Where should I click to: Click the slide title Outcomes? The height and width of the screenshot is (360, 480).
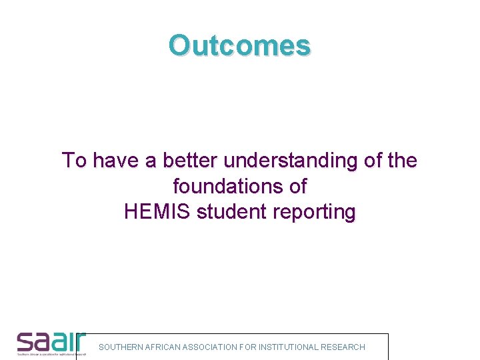[x=239, y=45]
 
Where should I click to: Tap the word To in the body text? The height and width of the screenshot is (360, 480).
[x=73, y=161]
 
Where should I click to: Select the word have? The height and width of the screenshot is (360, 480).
[x=114, y=161]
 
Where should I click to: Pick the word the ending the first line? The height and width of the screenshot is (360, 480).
[x=401, y=161]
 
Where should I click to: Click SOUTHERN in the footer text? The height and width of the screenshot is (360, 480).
[x=120, y=347]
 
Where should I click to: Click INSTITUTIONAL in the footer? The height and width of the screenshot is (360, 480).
[x=287, y=347]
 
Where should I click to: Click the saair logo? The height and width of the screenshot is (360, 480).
[x=51, y=343]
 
